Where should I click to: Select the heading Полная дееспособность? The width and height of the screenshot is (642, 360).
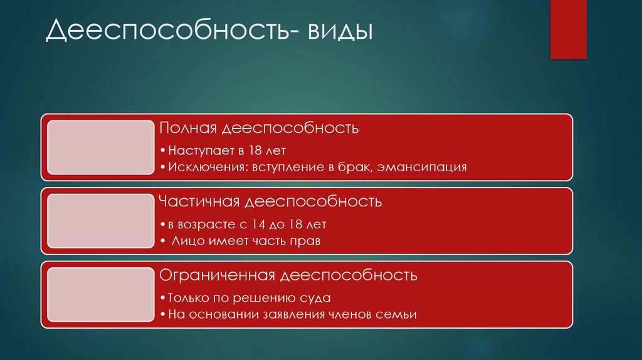coord(259,129)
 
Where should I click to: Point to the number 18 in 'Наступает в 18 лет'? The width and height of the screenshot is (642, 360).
coord(254,151)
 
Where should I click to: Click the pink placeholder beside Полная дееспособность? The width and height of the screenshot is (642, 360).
coord(100,147)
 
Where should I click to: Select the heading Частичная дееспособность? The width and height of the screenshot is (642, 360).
coord(270,202)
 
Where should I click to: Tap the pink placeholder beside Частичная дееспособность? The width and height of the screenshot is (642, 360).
coord(100,220)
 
